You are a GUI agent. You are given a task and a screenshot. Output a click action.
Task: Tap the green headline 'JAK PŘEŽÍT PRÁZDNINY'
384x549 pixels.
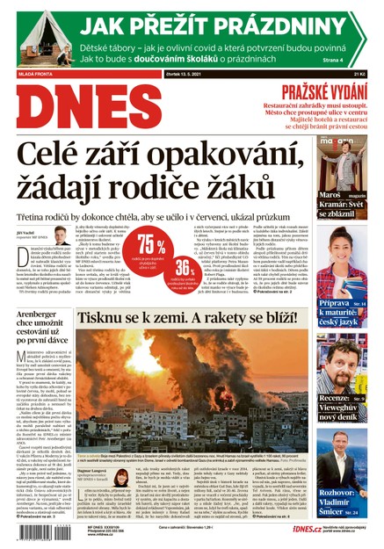[219, 25]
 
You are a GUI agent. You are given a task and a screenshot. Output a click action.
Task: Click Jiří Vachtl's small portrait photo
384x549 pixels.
[60, 238]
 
